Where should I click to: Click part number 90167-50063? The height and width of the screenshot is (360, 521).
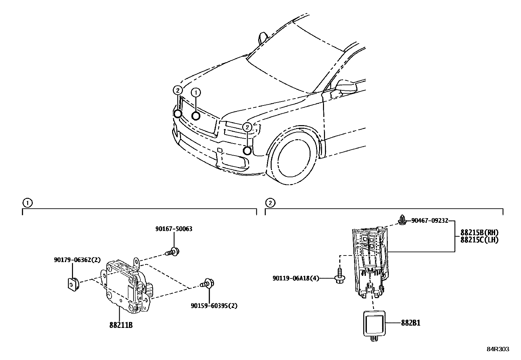(x=173, y=229)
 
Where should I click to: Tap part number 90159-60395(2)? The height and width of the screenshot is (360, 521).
(x=214, y=306)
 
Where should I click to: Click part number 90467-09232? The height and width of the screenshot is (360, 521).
(x=429, y=221)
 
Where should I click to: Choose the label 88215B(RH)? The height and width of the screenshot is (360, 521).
(x=479, y=233)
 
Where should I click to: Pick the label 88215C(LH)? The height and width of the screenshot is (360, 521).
(x=479, y=240)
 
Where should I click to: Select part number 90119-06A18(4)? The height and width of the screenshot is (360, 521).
(x=295, y=278)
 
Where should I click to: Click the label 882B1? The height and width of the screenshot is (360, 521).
(x=411, y=323)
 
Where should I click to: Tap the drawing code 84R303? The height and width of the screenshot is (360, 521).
(x=497, y=349)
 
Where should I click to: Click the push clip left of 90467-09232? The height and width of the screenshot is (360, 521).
(x=402, y=220)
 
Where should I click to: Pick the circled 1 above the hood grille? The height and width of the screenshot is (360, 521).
(x=196, y=93)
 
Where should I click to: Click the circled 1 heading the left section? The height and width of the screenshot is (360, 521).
(x=27, y=203)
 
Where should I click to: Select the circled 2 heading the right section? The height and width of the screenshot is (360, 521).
(x=270, y=203)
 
